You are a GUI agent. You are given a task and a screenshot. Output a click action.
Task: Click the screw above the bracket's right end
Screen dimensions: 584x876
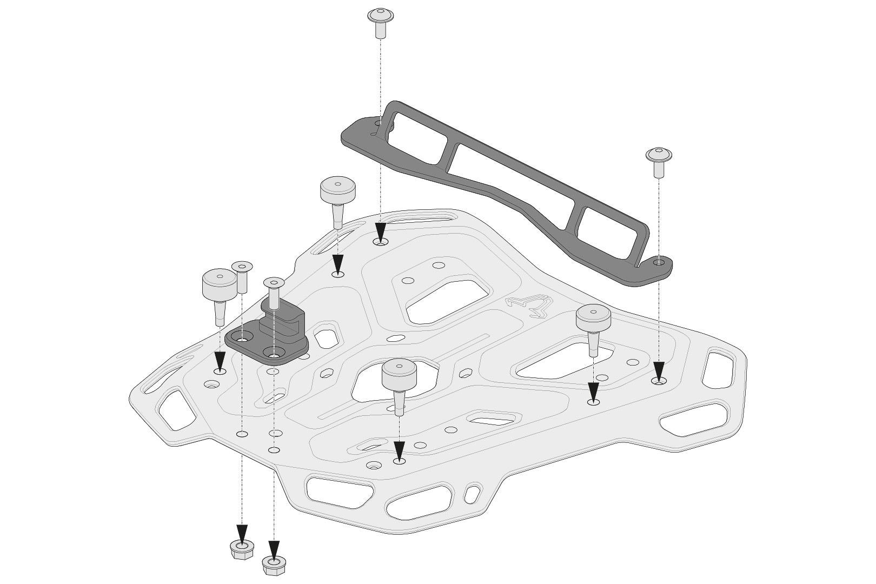click(659, 161)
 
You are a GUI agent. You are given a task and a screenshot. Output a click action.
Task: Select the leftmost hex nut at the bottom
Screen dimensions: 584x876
click(242, 552)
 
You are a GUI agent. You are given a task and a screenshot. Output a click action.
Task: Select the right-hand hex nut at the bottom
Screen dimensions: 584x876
click(274, 565)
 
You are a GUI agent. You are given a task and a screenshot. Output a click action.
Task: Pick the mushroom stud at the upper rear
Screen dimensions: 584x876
click(337, 197)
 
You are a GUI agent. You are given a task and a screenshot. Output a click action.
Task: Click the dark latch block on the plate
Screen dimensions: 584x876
click(270, 332)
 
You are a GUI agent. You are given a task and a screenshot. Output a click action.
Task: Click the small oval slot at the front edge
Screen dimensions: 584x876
click(472, 494)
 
